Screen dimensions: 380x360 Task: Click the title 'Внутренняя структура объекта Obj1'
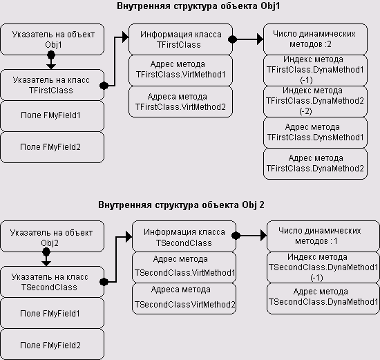click(198, 6)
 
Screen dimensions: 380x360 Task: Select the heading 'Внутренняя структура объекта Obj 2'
click(181, 205)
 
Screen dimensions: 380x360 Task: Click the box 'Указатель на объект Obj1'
click(52, 39)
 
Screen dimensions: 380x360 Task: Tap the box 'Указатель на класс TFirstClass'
click(52, 85)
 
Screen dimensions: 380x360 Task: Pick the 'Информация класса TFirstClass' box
click(180, 39)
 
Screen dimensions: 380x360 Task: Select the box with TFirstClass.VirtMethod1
click(180, 70)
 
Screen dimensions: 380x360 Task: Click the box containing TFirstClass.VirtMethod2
click(180, 102)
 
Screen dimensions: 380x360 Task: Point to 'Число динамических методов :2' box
click(315, 39)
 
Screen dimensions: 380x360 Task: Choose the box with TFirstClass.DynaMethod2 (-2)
click(315, 102)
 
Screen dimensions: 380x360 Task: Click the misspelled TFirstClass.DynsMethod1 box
click(315, 133)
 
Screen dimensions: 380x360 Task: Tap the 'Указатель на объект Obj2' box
click(52, 236)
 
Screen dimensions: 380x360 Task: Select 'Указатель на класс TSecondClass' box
click(52, 282)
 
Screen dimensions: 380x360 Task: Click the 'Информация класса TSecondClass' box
click(184, 236)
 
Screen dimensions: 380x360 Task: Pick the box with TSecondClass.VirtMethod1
click(184, 267)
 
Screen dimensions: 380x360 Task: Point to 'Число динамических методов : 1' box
click(323, 236)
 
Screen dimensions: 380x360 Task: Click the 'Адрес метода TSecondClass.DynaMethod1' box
click(323, 299)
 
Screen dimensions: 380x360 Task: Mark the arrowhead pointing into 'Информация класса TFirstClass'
click(126, 37)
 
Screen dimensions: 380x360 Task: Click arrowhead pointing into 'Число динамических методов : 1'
click(264, 235)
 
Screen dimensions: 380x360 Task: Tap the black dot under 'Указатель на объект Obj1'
click(51, 55)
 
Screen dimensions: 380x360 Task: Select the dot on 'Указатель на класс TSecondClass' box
click(104, 282)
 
